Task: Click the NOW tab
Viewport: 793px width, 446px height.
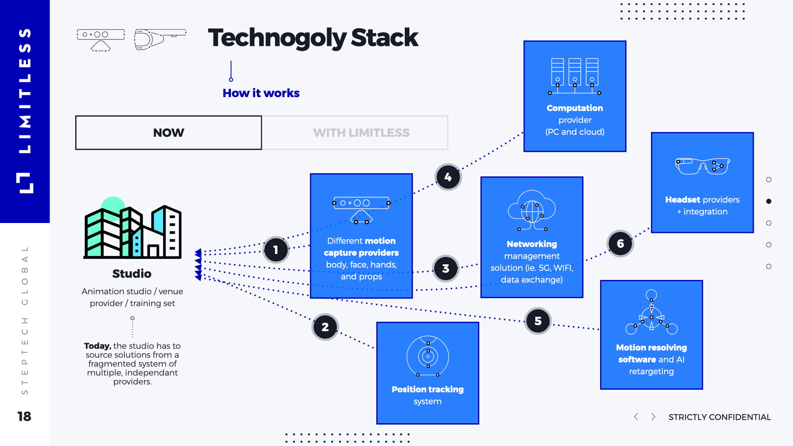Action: point(169,133)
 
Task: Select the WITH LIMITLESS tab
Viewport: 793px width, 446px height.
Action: point(361,133)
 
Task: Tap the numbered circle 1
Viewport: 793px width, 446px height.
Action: point(276,250)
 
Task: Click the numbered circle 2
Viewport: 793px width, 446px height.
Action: point(325,327)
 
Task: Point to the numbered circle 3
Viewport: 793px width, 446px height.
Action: point(446,268)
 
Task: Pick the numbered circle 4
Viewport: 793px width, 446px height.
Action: point(448,177)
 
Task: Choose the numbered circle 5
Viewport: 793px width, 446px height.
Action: point(538,321)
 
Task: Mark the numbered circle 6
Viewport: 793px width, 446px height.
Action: point(620,244)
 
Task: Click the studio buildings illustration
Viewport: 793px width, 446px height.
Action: point(133,229)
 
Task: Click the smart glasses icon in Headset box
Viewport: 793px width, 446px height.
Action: point(702,166)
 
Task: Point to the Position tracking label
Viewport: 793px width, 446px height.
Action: point(427,389)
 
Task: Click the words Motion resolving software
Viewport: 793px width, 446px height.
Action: point(651,353)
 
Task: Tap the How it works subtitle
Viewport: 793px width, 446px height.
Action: point(261,93)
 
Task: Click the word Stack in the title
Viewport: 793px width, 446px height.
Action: point(385,38)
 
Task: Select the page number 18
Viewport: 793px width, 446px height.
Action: point(24,416)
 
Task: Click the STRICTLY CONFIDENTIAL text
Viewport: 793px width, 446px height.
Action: point(719,417)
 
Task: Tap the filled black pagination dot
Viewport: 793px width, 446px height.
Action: point(769,201)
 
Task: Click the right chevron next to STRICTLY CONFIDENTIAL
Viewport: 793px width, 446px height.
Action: point(653,417)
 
